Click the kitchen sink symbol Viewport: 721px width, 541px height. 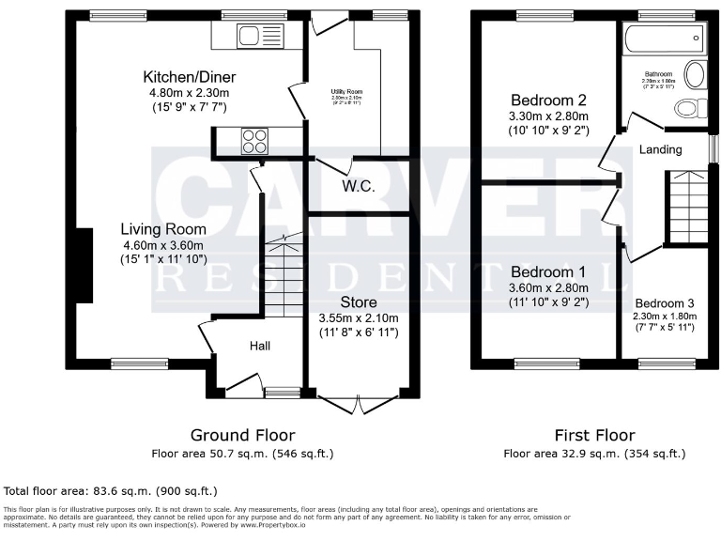250,36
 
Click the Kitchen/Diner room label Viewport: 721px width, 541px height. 189,77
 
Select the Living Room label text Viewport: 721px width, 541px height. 163,228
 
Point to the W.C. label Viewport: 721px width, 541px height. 359,187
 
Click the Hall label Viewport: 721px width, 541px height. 260,347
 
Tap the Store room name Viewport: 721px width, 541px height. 359,302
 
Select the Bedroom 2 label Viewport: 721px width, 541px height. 549,100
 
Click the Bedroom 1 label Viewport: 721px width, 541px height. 549,272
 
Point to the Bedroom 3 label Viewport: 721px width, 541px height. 665,303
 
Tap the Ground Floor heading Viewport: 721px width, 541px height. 242,435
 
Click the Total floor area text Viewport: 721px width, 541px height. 111,490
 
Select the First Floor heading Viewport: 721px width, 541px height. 594,435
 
